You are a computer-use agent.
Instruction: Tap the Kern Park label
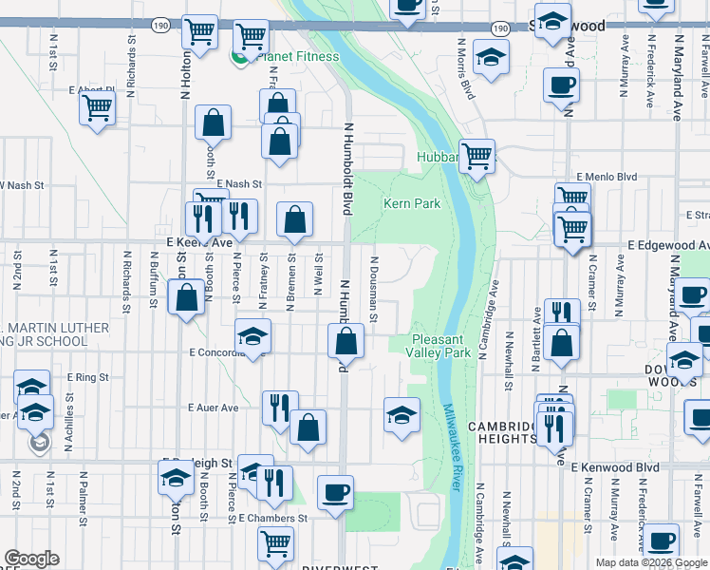(412, 203)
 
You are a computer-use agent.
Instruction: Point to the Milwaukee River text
(453, 446)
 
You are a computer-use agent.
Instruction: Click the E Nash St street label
(239, 183)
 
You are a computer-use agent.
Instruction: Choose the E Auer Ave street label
(214, 408)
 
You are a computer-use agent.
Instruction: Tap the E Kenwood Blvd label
(615, 467)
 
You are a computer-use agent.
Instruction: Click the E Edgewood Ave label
(668, 245)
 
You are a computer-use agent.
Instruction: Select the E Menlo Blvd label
(608, 176)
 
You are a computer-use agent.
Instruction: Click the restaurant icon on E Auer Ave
(280, 408)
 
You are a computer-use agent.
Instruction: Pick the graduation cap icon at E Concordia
(253, 336)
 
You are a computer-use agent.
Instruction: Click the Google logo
(31, 559)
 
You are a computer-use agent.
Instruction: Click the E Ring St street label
(88, 377)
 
